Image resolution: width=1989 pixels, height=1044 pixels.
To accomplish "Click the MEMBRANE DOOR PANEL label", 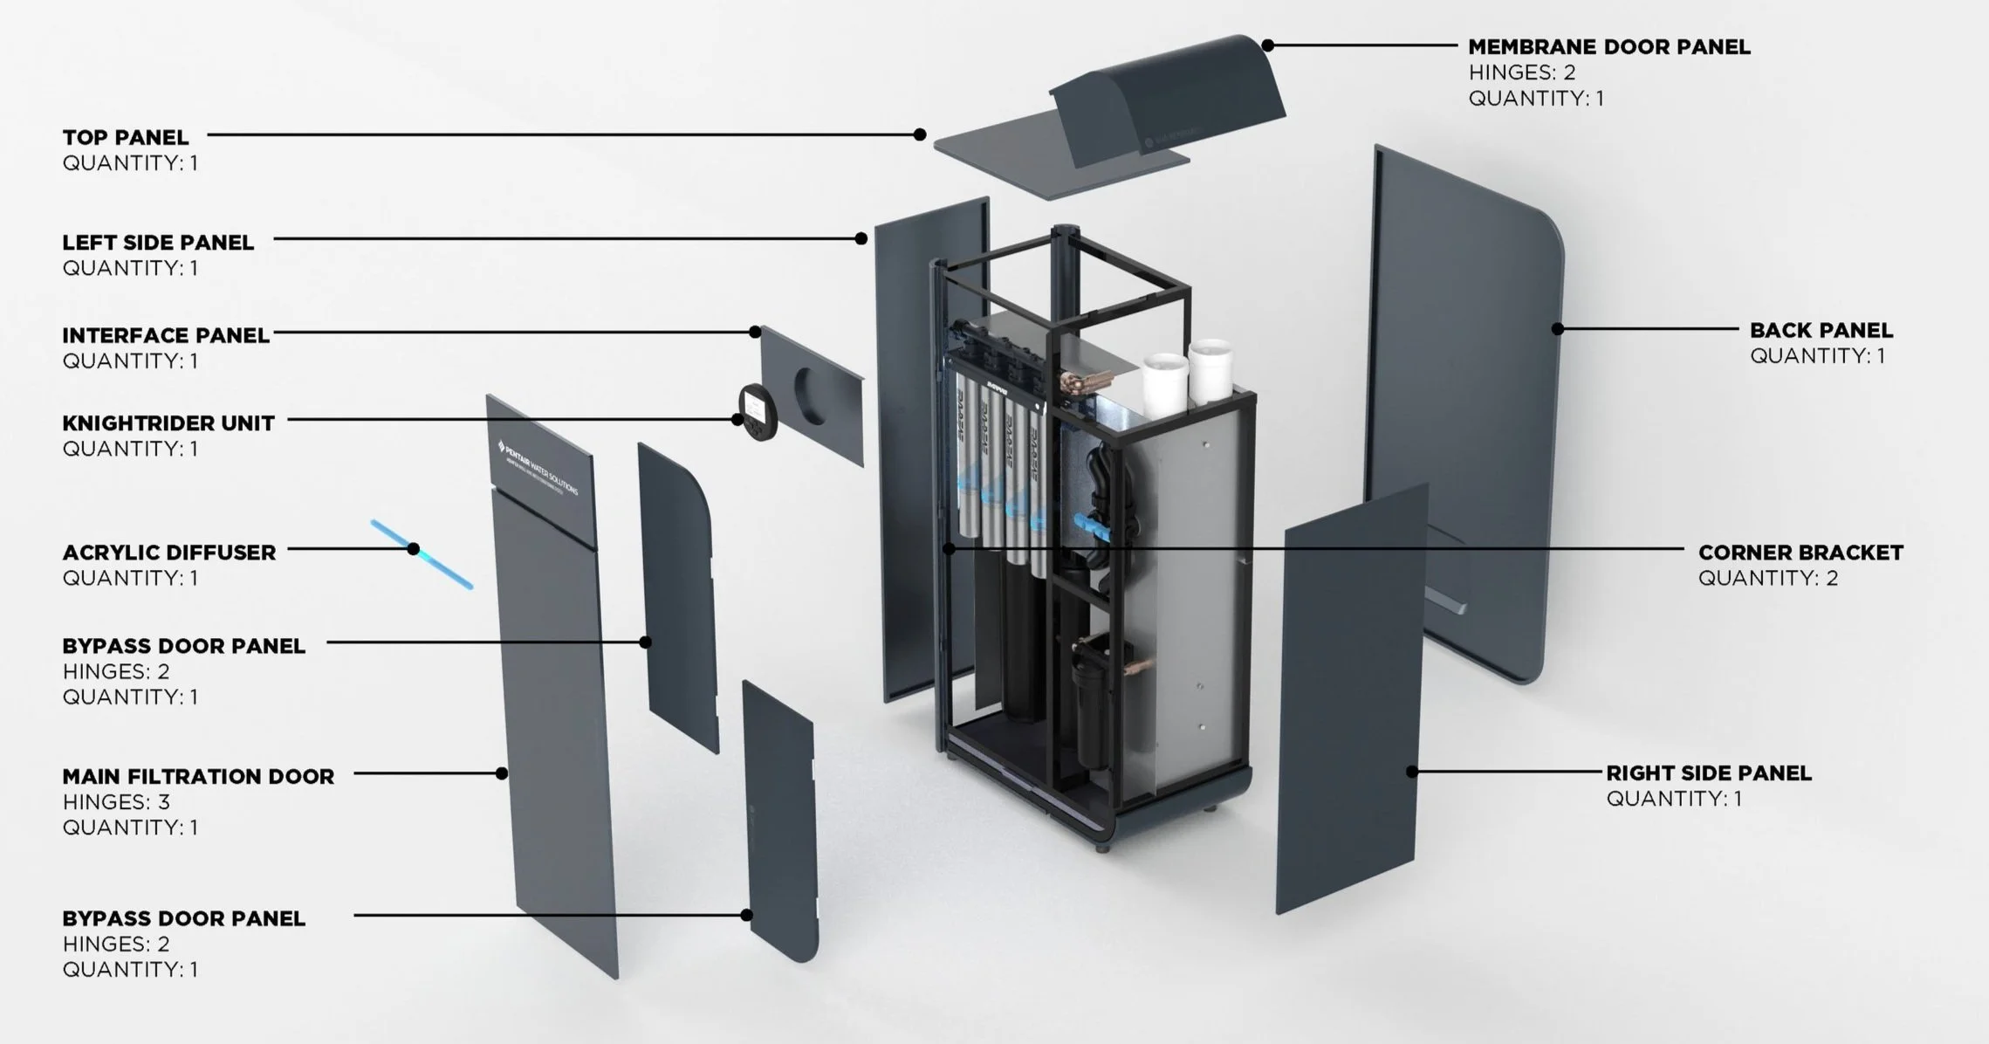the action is tap(1608, 47).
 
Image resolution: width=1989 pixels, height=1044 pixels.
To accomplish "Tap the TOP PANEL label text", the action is tap(125, 138).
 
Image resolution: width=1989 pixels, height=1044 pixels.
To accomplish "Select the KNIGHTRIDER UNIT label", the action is tap(168, 423).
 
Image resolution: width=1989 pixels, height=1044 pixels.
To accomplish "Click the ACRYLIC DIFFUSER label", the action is tap(168, 553).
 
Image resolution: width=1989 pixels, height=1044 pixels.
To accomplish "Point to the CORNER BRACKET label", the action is tap(1800, 553).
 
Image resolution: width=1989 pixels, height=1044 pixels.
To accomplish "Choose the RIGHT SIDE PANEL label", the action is tap(1708, 773).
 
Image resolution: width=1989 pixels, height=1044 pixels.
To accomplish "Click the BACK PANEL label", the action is tap(1821, 331).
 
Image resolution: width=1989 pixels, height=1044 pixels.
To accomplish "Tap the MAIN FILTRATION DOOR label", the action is tap(198, 777).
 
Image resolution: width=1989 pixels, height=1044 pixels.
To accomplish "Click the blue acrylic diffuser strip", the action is tap(422, 554).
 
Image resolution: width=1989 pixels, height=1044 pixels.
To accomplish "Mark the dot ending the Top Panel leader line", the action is tap(920, 134).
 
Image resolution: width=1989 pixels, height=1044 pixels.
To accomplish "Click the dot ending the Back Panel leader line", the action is tap(1557, 329).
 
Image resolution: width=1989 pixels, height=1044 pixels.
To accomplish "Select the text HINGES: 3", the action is tap(116, 802).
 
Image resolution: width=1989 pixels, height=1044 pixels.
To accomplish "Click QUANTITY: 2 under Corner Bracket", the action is tap(1767, 579).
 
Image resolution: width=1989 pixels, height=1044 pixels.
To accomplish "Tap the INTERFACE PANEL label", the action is tap(165, 336).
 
